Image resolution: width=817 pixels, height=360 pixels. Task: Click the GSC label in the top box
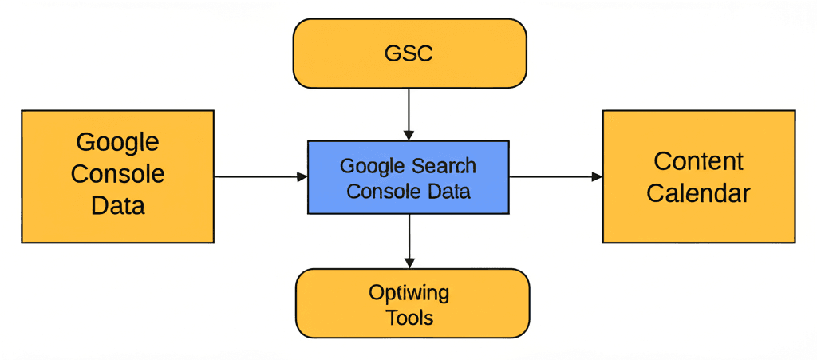408,53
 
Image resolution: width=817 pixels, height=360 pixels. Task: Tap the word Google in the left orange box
117,142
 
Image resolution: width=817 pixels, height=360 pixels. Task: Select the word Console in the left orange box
117,174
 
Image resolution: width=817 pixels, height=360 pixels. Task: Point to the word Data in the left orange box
117,206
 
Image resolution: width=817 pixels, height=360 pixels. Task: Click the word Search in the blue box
444,166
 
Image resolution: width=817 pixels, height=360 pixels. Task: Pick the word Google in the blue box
372,166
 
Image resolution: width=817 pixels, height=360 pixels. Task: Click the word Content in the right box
698,161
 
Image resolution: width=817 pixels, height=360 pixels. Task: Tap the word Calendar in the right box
698,193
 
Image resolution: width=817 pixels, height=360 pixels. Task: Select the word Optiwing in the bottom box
408,293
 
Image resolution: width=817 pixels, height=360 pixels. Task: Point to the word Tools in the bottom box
409,318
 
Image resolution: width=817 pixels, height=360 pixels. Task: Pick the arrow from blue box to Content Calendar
551,176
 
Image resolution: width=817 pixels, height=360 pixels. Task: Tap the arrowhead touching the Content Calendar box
597,176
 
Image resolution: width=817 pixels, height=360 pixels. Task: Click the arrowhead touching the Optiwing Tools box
409,263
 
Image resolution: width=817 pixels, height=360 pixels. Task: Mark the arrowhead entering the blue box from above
408,135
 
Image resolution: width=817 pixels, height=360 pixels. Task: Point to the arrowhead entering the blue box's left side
302,176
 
